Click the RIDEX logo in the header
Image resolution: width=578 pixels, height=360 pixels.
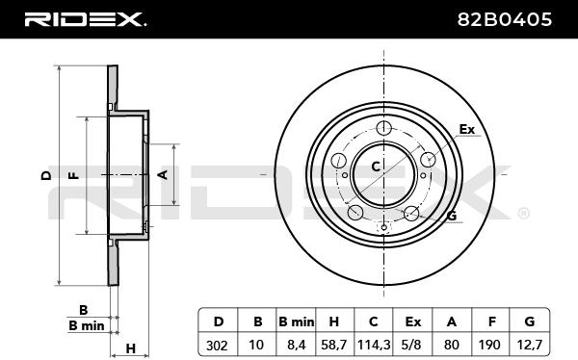click(x=85, y=19)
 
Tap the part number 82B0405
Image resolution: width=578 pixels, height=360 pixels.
click(x=504, y=19)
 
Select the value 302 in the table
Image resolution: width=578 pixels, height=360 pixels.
click(x=217, y=346)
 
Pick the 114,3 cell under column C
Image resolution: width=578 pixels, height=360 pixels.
click(x=374, y=346)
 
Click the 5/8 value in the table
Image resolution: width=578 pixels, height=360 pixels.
click(x=411, y=346)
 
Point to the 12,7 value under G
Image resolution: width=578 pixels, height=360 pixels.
click(x=529, y=346)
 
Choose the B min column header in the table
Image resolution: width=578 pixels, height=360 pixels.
click(x=297, y=321)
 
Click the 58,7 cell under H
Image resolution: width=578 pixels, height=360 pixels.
click(x=334, y=346)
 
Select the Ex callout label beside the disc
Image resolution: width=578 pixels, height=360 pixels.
click(x=466, y=129)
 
